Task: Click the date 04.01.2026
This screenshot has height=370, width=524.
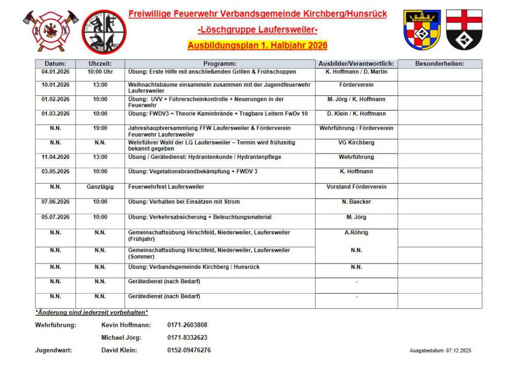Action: pyautogui.click(x=56, y=72)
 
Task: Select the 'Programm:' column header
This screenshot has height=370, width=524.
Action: pyautogui.click(x=219, y=63)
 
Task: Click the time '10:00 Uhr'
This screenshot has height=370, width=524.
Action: pyautogui.click(x=100, y=72)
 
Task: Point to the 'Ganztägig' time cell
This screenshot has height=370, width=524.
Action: pyautogui.click(x=100, y=187)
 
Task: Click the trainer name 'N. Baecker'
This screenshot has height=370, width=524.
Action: pyautogui.click(x=356, y=202)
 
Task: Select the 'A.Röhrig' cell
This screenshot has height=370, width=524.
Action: pyautogui.click(x=356, y=233)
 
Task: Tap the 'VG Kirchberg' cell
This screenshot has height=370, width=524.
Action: pyautogui.click(x=356, y=142)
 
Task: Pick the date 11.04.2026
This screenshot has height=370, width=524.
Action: pyautogui.click(x=56, y=156)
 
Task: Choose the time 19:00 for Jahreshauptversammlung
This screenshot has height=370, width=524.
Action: pyautogui.click(x=100, y=127)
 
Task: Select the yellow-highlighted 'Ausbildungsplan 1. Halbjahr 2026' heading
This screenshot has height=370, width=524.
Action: pyautogui.click(x=257, y=45)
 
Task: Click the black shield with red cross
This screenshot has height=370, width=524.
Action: pyautogui.click(x=464, y=29)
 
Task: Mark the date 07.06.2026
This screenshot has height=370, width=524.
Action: pyautogui.click(x=56, y=202)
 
